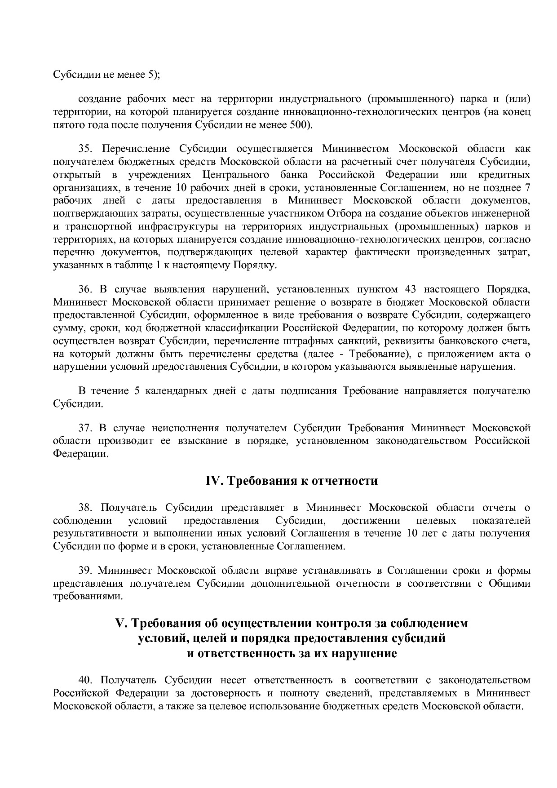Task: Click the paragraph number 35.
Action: point(86,149)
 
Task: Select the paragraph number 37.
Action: point(86,428)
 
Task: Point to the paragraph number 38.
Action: point(86,508)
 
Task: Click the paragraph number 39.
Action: point(86,571)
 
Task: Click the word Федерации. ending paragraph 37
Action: point(81,454)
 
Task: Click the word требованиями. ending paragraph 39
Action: point(88,597)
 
